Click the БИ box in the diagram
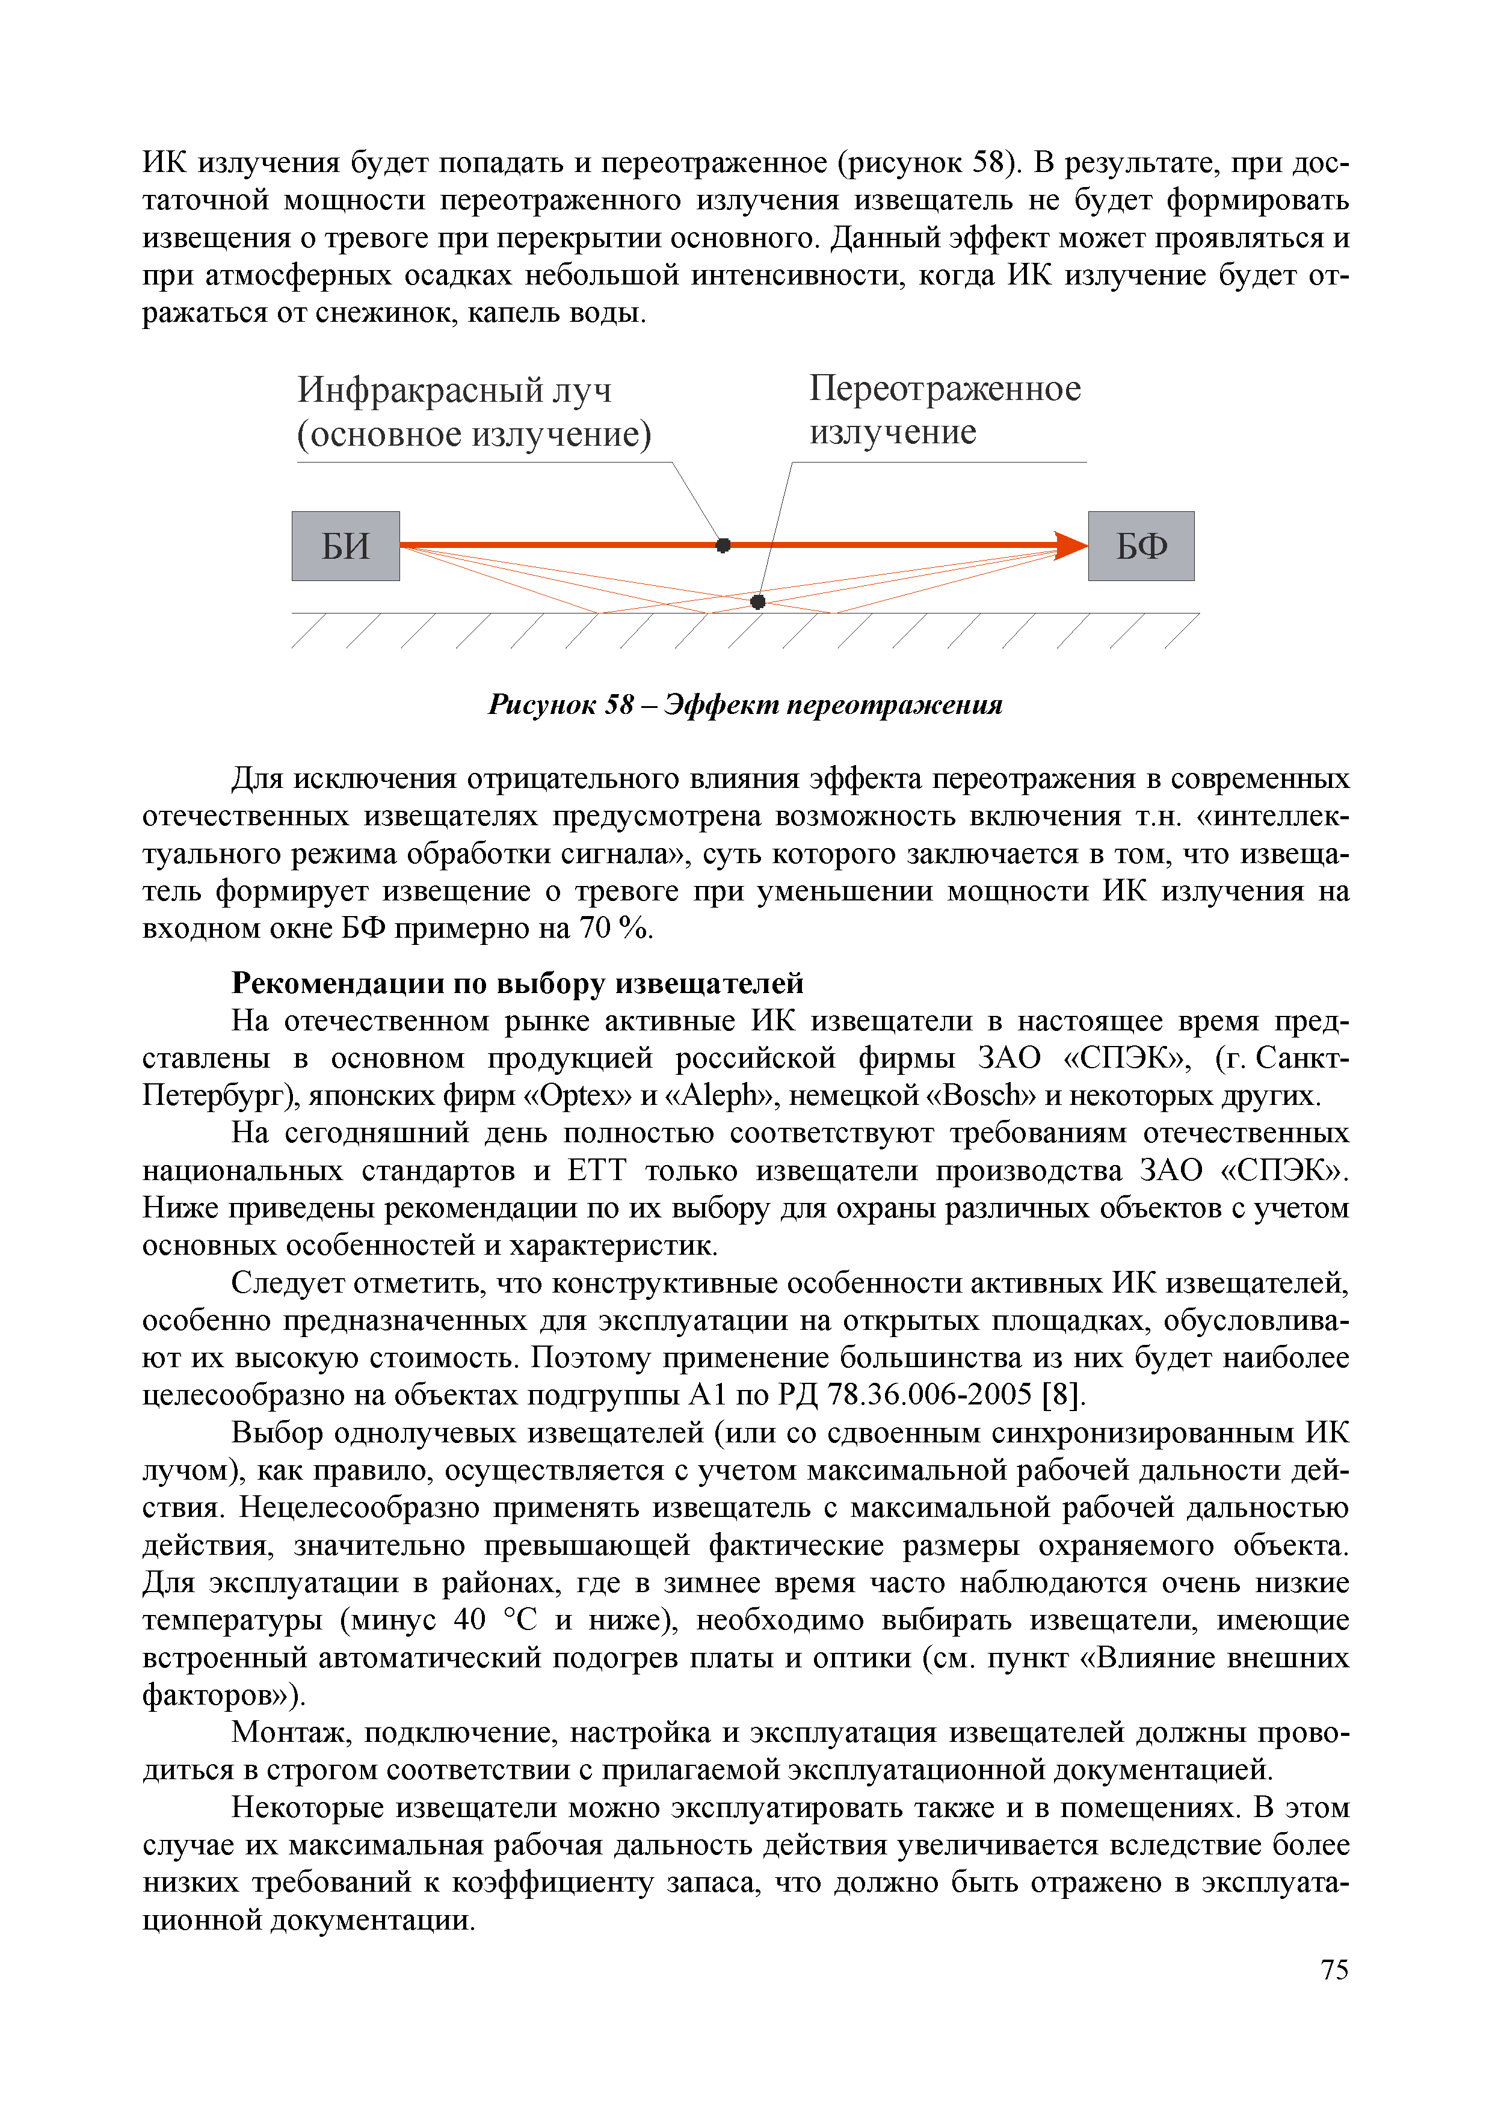click(346, 546)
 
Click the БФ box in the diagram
click(1141, 546)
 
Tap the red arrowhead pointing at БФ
click(1070, 545)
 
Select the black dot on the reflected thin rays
click(757, 602)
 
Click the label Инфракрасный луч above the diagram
click(454, 390)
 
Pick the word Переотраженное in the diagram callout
click(945, 389)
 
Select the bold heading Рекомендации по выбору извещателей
click(517, 983)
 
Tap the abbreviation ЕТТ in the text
click(597, 1171)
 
